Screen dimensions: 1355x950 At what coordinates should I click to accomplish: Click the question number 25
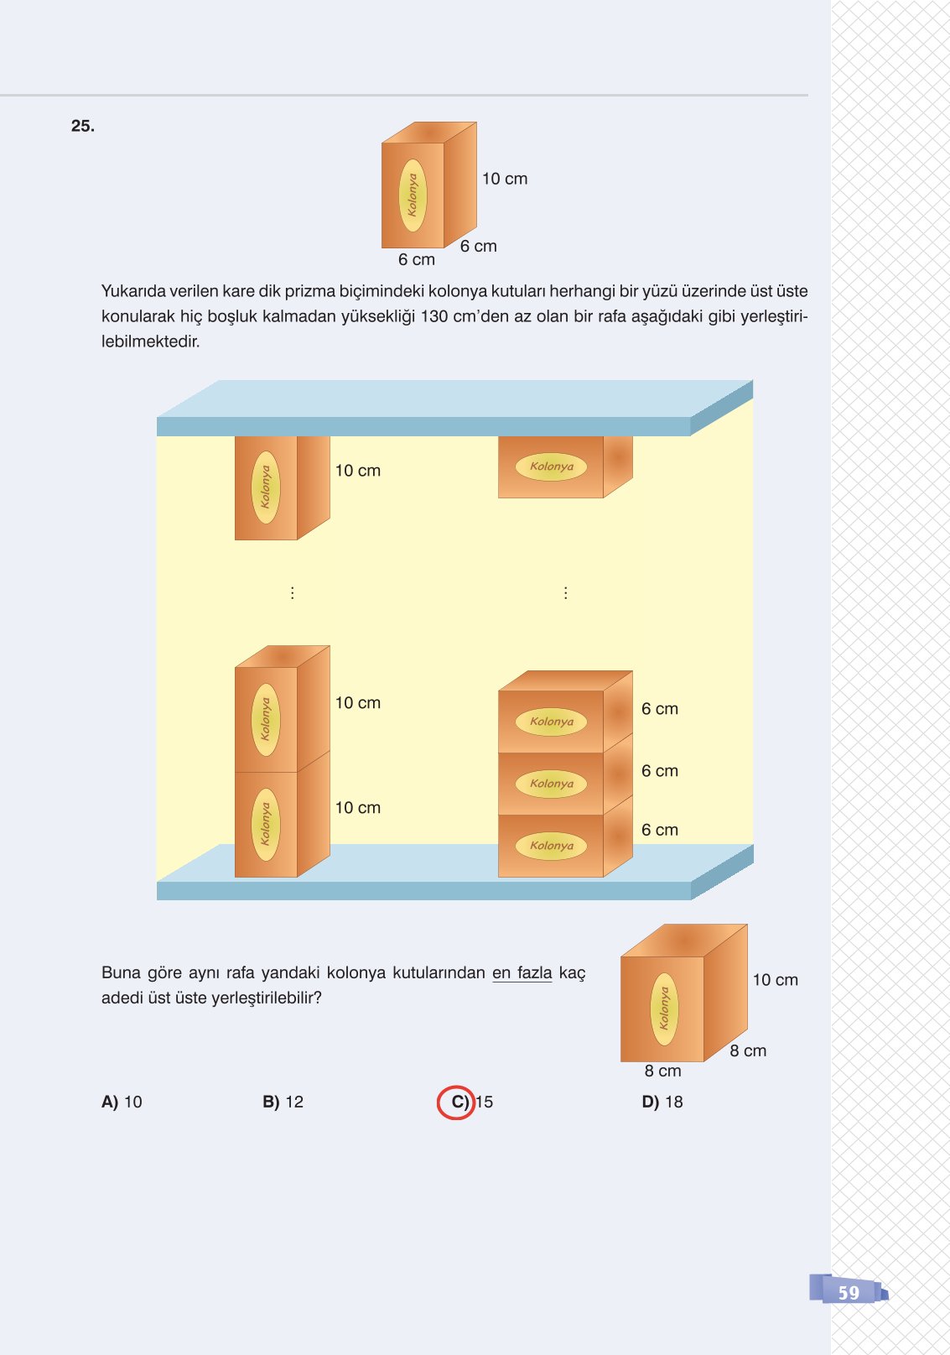(82, 126)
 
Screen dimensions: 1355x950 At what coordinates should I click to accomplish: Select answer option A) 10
(122, 1102)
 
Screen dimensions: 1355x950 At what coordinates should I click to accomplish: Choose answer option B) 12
(283, 1102)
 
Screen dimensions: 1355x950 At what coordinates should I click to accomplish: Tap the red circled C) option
(458, 1102)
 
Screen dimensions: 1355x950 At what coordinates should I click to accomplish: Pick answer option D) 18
(662, 1102)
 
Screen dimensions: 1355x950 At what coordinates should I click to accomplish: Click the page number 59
(849, 1293)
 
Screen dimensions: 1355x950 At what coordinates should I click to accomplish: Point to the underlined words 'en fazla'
(522, 972)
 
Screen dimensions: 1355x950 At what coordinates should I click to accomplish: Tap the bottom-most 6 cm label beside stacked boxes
(659, 830)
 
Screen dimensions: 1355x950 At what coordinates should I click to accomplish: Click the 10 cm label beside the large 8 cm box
(775, 980)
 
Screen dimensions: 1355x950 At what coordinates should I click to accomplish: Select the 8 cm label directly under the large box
(662, 1071)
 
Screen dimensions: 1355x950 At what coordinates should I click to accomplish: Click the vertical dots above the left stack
(292, 593)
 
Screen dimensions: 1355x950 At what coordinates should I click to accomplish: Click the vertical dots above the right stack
(565, 593)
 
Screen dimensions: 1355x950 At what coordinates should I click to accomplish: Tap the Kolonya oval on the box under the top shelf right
(551, 466)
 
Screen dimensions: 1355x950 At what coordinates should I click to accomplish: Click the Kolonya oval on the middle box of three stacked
(551, 784)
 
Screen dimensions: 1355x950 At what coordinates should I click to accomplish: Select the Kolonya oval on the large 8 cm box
(663, 1008)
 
